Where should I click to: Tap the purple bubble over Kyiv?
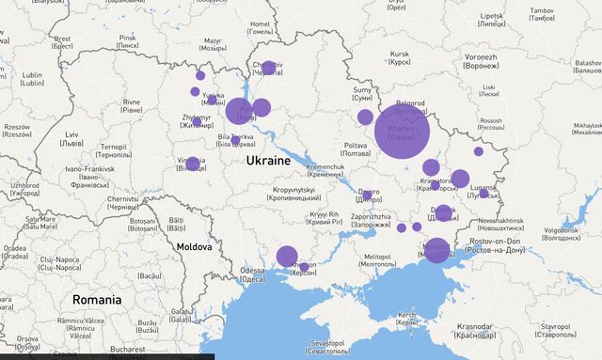pos(240,111)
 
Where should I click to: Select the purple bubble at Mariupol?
pos(435,250)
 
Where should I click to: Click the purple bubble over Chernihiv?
pos(268,68)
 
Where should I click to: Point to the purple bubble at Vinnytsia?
pos(193,164)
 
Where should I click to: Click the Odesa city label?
pos(252,274)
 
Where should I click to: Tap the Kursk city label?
pos(401,58)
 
